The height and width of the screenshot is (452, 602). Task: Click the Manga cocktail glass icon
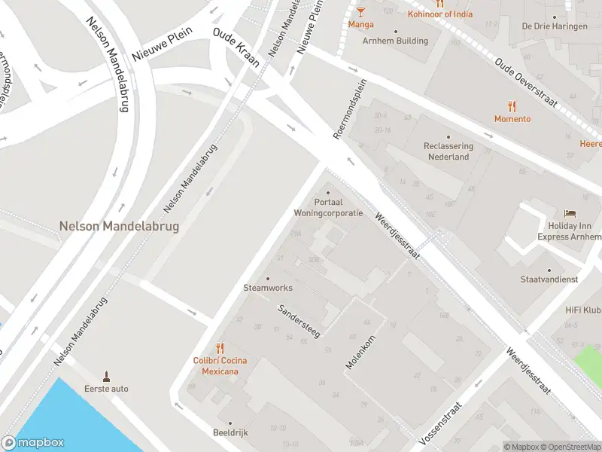360,11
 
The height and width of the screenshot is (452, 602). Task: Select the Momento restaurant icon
512,106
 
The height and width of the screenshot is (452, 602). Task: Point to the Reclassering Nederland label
449,151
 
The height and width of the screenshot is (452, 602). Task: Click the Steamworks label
268,288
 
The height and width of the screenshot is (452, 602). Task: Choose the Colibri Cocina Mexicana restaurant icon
220,348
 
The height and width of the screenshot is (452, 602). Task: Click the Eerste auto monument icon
107,375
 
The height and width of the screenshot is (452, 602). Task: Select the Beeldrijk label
230,432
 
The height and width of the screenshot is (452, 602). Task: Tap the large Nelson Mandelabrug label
119,225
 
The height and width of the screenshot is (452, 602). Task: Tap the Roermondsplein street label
349,108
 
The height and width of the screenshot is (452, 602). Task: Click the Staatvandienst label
549,279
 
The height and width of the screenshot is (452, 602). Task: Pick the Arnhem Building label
395,41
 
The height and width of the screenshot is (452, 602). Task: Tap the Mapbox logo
33,443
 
